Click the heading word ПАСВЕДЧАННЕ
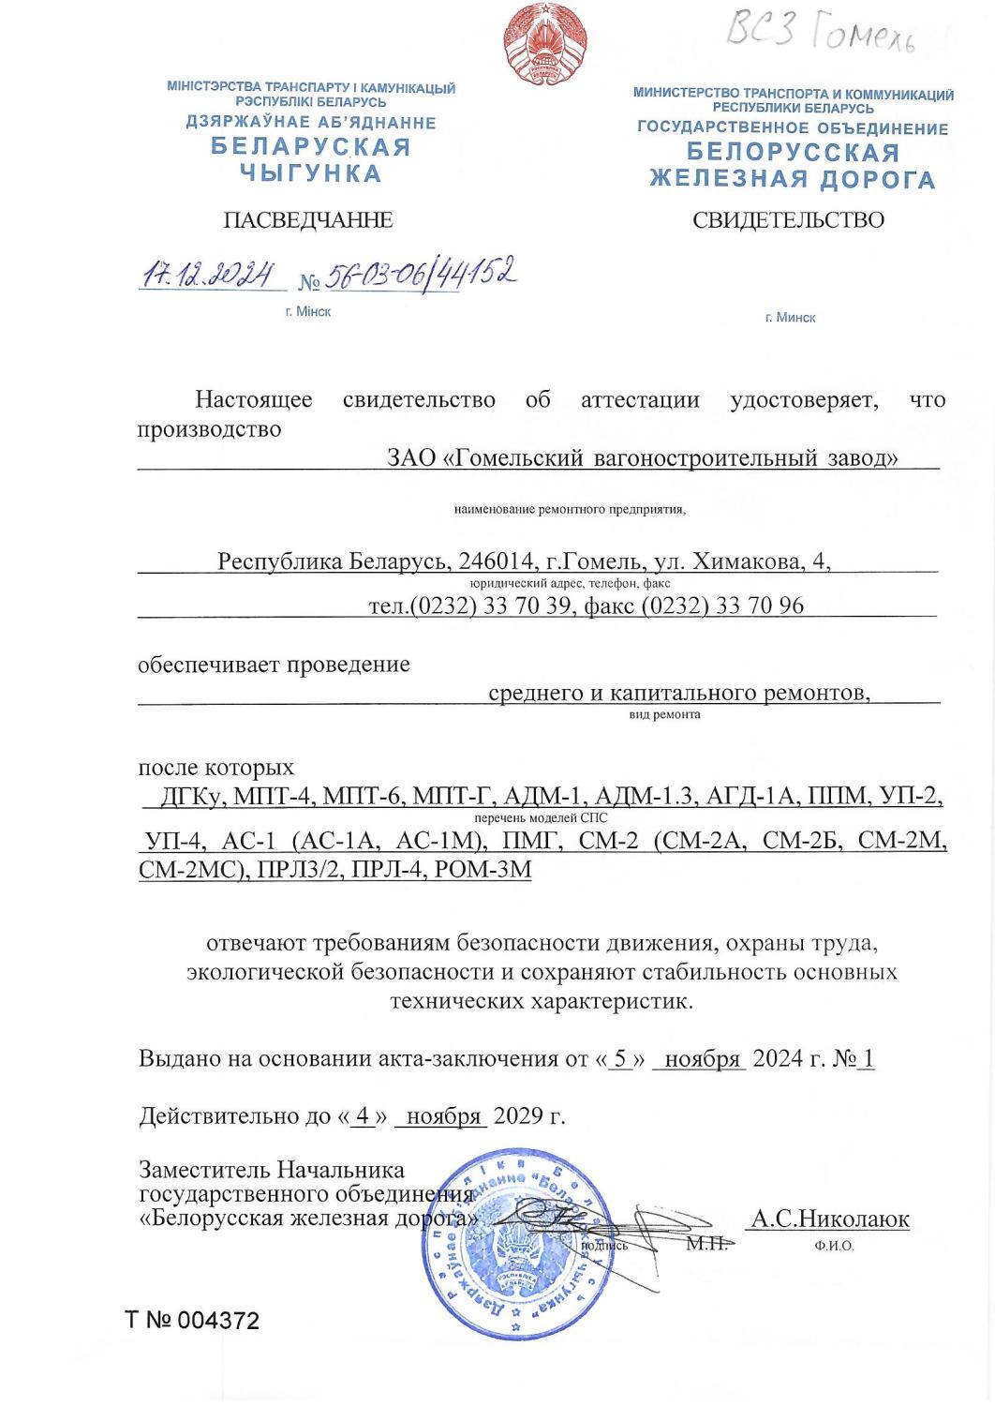coord(307,220)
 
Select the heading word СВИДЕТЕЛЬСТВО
coord(788,220)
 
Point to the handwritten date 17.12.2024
coord(207,275)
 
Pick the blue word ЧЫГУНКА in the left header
coord(311,173)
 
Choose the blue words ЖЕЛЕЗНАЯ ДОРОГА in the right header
coord(793,179)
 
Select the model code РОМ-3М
coord(483,869)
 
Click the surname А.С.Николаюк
coord(830,1219)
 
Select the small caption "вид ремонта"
coord(664,714)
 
